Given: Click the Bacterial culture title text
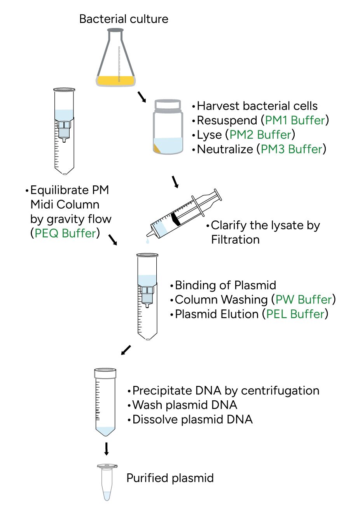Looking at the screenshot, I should [x=124, y=19].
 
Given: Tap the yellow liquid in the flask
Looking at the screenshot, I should [x=115, y=80].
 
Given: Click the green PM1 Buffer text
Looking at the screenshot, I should [x=295, y=120].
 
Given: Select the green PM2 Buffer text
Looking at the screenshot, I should [x=260, y=134].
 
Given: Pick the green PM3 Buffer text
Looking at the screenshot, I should [x=292, y=149].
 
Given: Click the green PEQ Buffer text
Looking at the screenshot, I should [x=65, y=233].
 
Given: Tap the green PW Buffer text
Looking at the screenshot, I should [x=303, y=300].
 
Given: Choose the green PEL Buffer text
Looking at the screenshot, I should [x=295, y=314].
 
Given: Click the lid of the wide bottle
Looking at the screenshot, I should [x=168, y=105].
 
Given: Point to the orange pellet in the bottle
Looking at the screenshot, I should [x=157, y=148].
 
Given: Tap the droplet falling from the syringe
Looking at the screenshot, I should [x=147, y=242].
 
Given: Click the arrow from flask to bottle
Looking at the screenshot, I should [x=142, y=97].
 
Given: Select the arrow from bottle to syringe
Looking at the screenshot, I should [x=175, y=181].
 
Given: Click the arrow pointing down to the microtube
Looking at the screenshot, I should [x=106, y=448].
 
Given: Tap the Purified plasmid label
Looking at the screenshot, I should [x=170, y=478].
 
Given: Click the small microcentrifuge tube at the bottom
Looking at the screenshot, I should [x=107, y=482].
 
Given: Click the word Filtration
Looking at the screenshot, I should [x=235, y=239].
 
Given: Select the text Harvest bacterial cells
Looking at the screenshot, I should [x=257, y=106].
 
